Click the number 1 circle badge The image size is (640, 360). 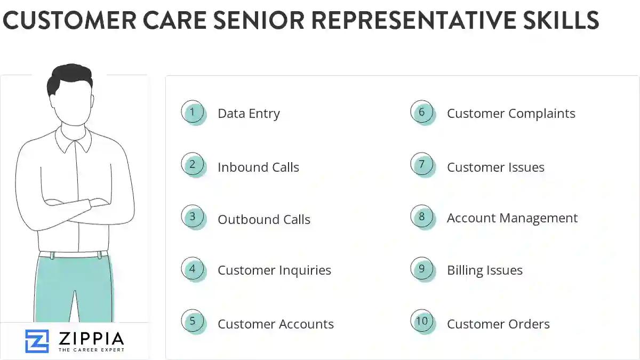click(x=193, y=113)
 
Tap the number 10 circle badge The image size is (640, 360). click(x=422, y=321)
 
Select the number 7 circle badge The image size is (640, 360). click(x=422, y=164)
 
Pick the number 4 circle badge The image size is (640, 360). click(x=193, y=269)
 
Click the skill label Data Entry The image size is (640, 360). click(x=249, y=114)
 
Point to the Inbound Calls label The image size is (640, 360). click(x=258, y=167)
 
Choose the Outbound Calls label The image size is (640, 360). click(x=264, y=219)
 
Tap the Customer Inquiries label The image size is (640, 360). click(x=274, y=270)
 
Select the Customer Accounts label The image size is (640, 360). click(x=276, y=324)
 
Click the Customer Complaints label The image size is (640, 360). click(x=511, y=114)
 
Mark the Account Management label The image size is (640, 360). click(x=512, y=218)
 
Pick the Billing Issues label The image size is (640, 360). click(x=485, y=270)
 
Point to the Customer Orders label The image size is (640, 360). click(x=498, y=324)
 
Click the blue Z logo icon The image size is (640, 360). click(x=37, y=341)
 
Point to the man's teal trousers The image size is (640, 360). click(x=75, y=288)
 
